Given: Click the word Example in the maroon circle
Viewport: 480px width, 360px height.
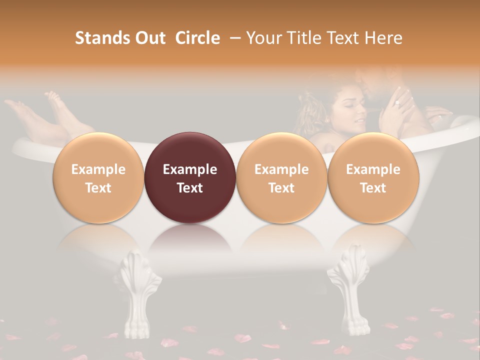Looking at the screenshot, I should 190,169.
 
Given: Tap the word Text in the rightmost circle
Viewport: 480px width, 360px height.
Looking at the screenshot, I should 373,188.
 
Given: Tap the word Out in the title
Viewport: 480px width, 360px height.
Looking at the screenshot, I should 149,38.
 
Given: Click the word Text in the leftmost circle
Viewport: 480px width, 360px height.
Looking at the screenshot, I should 98,188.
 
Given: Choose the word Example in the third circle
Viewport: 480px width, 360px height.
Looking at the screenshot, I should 281,169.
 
